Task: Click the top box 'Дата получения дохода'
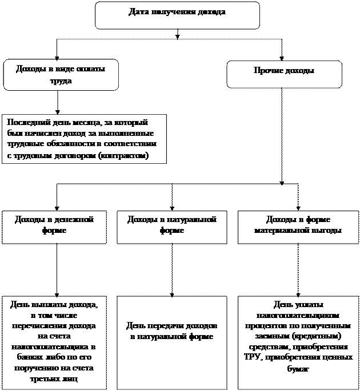[177, 15]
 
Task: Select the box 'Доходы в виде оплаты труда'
[61, 75]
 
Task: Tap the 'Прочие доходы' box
[284, 74]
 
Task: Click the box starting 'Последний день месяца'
[84, 139]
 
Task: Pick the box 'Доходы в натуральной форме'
[171, 227]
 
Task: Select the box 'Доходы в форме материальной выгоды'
[298, 227]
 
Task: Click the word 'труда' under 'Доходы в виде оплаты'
[61, 81]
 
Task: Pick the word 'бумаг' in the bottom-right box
[298, 369]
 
